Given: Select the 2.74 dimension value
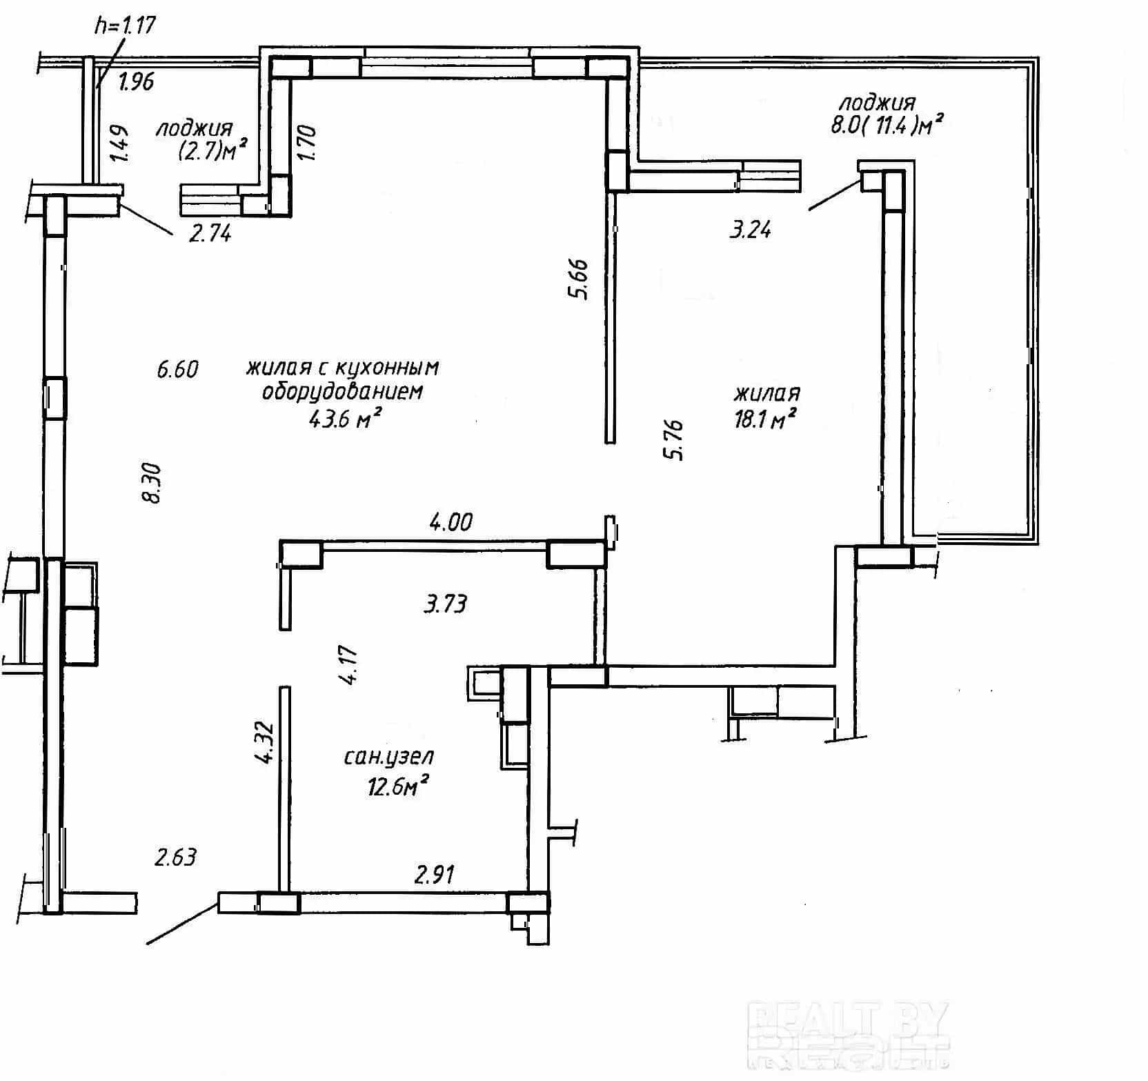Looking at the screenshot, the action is [210, 233].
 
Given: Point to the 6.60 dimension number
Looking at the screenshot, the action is [177, 369].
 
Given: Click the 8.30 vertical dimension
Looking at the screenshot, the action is [151, 483].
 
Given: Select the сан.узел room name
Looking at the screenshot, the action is [388, 757].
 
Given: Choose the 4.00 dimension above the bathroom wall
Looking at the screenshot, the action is [451, 522].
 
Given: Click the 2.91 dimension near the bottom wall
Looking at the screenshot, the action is [434, 875].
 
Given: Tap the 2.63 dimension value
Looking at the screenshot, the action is [175, 857].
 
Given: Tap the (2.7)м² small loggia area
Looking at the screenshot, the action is [212, 150].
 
